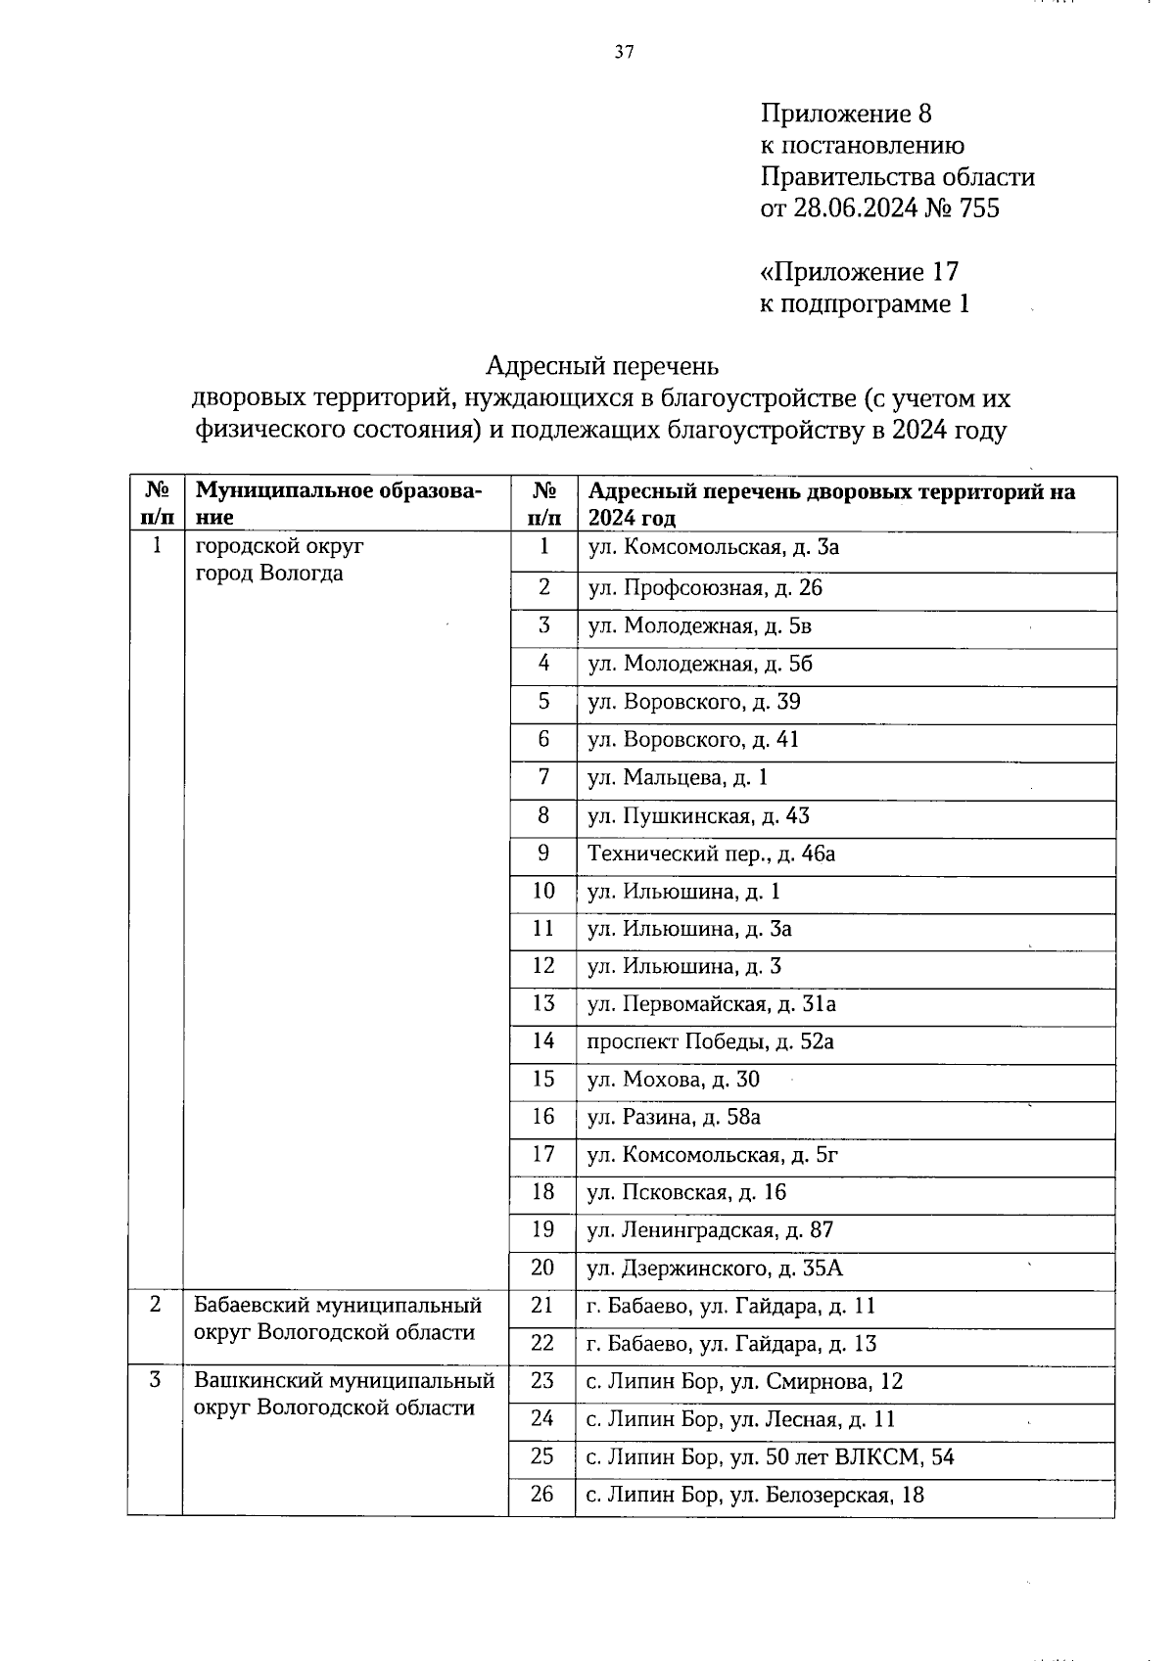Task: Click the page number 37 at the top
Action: click(x=624, y=53)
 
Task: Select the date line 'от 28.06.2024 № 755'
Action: click(x=879, y=208)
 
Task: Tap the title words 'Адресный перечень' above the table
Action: click(x=602, y=366)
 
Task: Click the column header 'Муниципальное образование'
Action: click(x=338, y=503)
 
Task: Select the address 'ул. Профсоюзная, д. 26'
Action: click(x=704, y=587)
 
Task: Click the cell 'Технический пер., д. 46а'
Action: click(x=710, y=854)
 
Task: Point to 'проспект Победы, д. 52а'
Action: click(x=709, y=1041)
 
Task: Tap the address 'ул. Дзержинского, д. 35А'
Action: click(x=714, y=1269)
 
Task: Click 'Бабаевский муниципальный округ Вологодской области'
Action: click(x=337, y=1318)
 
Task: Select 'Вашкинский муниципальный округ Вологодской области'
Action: click(x=343, y=1394)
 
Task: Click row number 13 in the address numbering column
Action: click(x=542, y=1003)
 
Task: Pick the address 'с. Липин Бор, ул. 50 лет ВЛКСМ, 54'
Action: click(x=770, y=1457)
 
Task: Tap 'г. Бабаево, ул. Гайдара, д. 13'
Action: click(x=730, y=1344)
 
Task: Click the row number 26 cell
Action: click(x=542, y=1494)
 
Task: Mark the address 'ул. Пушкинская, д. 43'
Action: click(x=697, y=816)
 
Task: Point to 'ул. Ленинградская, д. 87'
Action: click(x=709, y=1230)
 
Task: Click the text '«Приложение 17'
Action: click(x=859, y=271)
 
